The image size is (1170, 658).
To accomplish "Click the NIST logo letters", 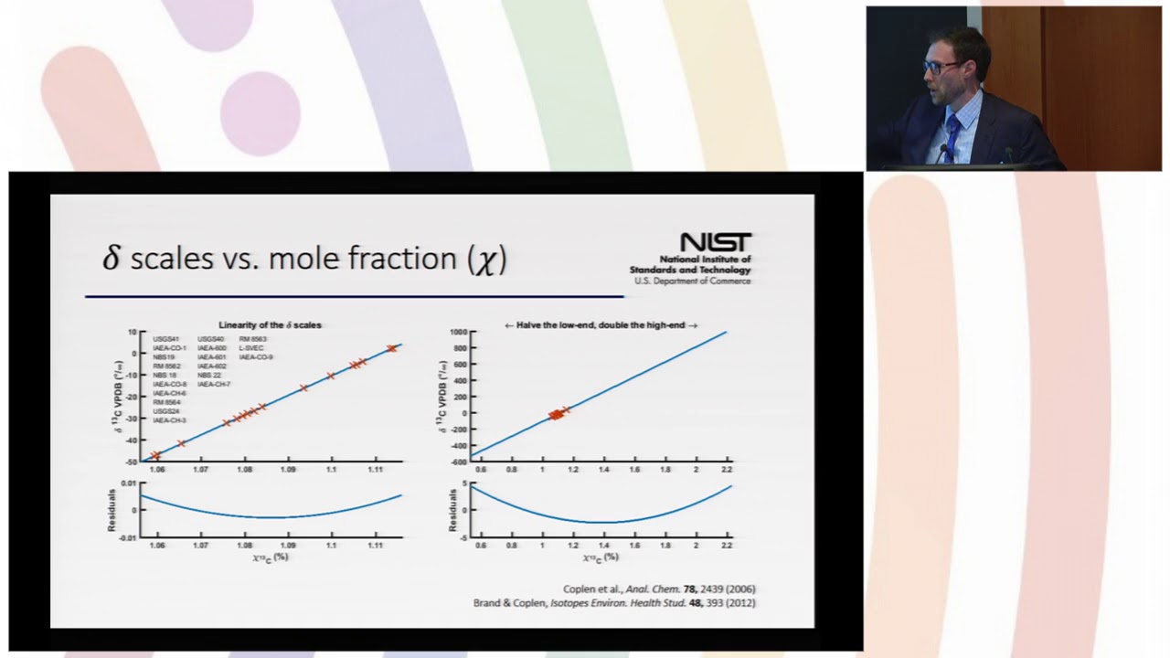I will coord(716,242).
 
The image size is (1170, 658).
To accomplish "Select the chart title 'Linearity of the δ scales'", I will coord(270,325).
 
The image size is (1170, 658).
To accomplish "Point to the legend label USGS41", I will coord(165,339).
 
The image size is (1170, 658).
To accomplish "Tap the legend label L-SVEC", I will coord(251,348).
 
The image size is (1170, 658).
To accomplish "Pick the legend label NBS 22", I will coord(209,376).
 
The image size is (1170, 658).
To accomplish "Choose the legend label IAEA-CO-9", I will coord(256,357).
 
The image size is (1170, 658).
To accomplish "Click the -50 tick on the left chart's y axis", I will coord(132,462).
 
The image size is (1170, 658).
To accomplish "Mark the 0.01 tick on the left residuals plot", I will coord(129,483).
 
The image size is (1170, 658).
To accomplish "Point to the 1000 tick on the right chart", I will coord(457,333).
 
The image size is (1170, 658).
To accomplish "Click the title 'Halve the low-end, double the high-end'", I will coord(601,325).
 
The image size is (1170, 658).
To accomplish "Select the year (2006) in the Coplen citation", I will coord(739,589).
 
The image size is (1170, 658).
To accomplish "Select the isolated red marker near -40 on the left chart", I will coord(181,443).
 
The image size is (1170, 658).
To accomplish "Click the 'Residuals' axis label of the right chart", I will coord(453,510).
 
